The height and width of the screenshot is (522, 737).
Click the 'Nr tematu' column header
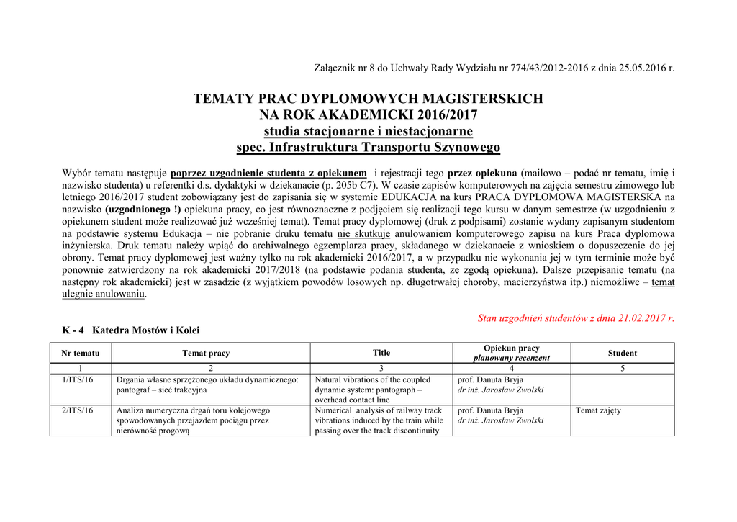[x=81, y=353]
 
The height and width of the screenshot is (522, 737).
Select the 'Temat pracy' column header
[x=206, y=353]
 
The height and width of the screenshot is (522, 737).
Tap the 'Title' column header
[x=381, y=353]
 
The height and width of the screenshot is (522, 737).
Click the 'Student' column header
[x=622, y=353]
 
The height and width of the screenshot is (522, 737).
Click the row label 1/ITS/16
[x=77, y=379]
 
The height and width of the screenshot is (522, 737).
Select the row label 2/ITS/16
[x=77, y=410]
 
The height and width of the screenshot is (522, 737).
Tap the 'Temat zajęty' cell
[x=598, y=410]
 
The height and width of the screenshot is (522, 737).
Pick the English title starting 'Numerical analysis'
[x=379, y=420]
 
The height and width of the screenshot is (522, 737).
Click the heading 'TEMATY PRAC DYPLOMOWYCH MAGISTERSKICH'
[x=368, y=99]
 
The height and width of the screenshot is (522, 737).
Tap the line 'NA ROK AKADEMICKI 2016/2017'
[x=368, y=115]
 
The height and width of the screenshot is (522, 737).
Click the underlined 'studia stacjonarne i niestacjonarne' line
[x=368, y=131]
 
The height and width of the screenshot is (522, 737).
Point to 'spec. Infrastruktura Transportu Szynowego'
[x=368, y=148]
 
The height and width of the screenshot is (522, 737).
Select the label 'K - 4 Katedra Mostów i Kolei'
[x=131, y=330]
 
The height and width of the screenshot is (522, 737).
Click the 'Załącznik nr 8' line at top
[x=494, y=68]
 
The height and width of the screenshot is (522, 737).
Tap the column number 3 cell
[x=381, y=369]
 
